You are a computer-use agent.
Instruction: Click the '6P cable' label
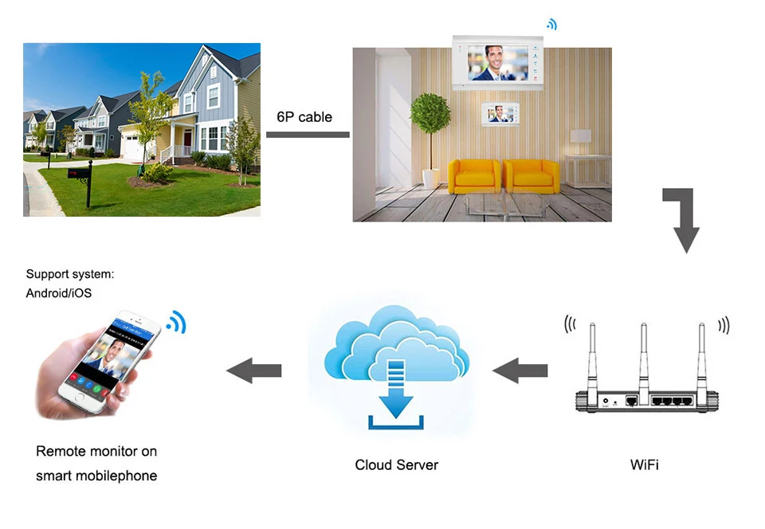click(x=304, y=116)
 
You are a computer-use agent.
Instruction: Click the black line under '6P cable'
click(x=307, y=134)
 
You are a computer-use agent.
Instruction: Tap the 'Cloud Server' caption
click(x=396, y=464)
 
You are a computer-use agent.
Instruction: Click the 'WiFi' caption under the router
click(x=644, y=464)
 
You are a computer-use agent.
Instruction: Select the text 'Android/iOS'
click(x=59, y=293)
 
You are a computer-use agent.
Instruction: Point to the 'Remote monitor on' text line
click(x=96, y=451)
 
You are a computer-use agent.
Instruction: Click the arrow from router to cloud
click(x=520, y=370)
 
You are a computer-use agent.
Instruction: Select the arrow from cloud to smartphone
click(x=254, y=370)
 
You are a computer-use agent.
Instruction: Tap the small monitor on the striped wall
click(x=499, y=113)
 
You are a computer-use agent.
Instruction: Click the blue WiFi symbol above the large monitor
click(x=551, y=25)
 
